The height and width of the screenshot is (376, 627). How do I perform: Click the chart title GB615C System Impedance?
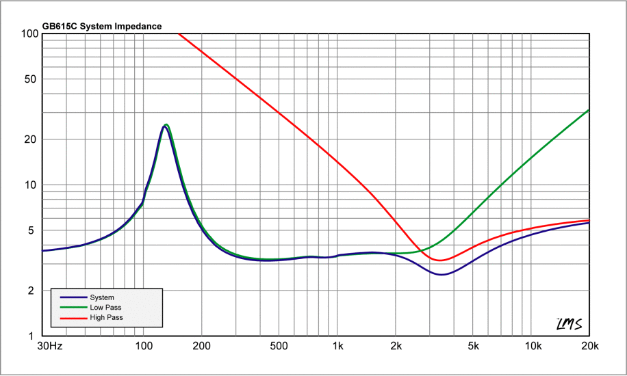click(102, 27)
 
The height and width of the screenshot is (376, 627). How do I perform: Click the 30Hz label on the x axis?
click(50, 347)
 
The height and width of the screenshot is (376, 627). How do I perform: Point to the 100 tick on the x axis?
click(143, 347)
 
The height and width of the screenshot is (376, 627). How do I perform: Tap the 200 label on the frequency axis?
click(201, 347)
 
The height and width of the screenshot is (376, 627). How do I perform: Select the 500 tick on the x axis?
click(279, 347)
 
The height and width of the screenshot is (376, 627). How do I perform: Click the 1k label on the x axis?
click(337, 347)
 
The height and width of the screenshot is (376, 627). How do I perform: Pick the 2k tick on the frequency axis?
click(396, 347)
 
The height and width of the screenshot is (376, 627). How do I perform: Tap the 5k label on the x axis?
click(473, 347)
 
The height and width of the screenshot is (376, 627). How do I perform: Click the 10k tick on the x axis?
click(532, 347)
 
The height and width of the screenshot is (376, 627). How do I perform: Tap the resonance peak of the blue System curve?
click(164, 126)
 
